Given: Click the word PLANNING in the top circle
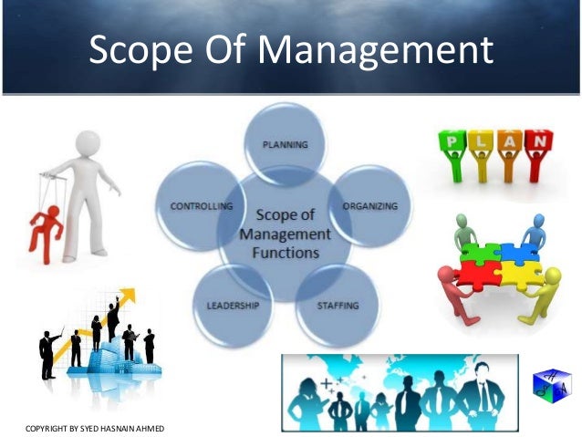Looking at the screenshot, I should (x=285, y=144).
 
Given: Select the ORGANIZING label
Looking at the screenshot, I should (x=369, y=206).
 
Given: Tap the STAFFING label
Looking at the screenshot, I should (x=338, y=304).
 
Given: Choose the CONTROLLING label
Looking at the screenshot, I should (x=201, y=206).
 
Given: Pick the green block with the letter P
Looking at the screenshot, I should (x=451, y=142).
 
